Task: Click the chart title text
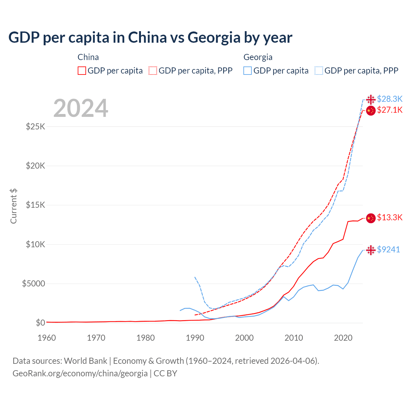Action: [150, 38]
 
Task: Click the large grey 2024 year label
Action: [81, 108]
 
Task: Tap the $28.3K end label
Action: [389, 99]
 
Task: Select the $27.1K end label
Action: [389, 110]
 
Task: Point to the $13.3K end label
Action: [389, 217]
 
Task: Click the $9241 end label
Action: [388, 249]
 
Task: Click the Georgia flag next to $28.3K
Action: [371, 100]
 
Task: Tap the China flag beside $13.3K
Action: [371, 218]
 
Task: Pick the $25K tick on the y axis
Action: [36, 127]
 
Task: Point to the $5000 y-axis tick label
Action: [33, 284]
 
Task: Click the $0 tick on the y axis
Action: [40, 323]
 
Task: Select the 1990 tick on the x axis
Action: [195, 338]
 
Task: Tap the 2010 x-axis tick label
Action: [294, 338]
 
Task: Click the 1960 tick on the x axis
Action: [47, 338]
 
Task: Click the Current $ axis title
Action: [13, 206]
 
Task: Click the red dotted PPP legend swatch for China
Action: [153, 71]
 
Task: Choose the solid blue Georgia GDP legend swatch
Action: [247, 71]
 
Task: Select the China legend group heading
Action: [88, 57]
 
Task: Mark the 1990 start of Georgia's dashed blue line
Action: [195, 277]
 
